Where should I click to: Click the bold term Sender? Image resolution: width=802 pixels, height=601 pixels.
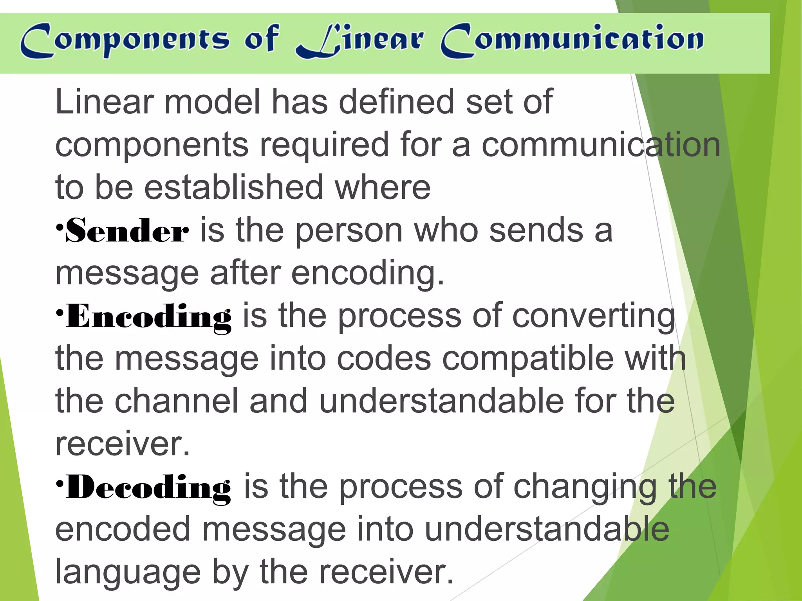pyautogui.click(x=127, y=231)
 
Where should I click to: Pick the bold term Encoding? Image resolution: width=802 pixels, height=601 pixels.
pyautogui.click(x=149, y=317)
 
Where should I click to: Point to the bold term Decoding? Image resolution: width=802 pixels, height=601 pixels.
pyautogui.click(x=149, y=488)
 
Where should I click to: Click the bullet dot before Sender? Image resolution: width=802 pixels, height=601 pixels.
pyautogui.click(x=59, y=227)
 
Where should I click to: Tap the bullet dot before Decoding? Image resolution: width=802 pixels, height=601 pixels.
pyautogui.click(x=59, y=483)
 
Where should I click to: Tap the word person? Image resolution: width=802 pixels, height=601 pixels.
pyautogui.click(x=349, y=231)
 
